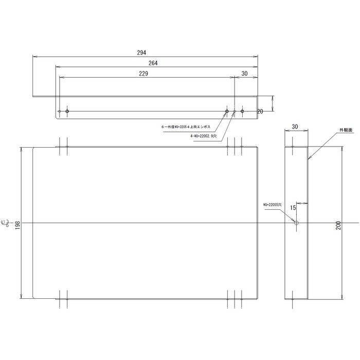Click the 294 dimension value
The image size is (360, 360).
[x=142, y=52]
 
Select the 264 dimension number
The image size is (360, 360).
[x=152, y=63]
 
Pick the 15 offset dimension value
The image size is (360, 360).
[x=292, y=208]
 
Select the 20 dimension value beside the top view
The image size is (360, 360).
[x=260, y=111]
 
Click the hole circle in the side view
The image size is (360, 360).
[x=296, y=223]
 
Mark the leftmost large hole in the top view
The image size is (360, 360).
[x=67, y=111]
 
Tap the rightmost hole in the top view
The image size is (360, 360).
[x=242, y=111]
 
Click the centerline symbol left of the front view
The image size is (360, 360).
[x=8, y=223]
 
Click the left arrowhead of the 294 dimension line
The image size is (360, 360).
[x=34, y=56]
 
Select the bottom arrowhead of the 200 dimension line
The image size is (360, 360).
[x=343, y=297]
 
